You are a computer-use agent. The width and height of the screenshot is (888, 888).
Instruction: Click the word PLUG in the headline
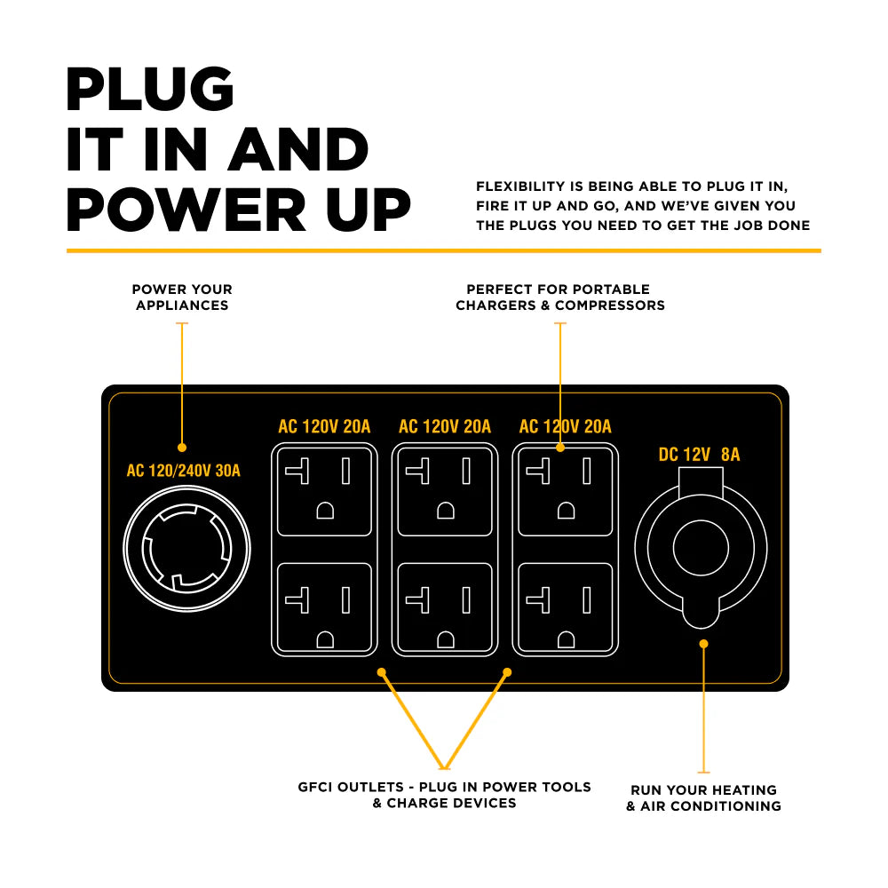click(151, 90)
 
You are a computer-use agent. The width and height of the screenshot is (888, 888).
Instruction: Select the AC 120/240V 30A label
click(183, 470)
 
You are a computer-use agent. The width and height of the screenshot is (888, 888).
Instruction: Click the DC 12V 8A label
click(699, 455)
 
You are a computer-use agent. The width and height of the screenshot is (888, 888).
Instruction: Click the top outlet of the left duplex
click(324, 491)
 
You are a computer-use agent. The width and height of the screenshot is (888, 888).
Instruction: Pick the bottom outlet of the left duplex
click(324, 608)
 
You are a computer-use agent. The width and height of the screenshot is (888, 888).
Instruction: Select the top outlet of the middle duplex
click(445, 491)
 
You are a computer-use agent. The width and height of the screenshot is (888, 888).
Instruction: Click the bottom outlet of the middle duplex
click(445, 608)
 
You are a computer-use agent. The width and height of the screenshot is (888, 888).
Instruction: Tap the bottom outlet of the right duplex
click(566, 608)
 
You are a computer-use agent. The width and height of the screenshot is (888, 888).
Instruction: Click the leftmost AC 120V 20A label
click(324, 427)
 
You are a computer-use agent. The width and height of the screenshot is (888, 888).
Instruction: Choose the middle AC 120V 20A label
click(445, 427)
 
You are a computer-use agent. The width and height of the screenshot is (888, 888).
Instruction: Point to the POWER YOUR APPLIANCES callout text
click(182, 297)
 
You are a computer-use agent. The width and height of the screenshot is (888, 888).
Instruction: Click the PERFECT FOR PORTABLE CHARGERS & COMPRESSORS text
click(559, 297)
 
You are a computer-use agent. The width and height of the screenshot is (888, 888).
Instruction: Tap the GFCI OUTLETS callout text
click(444, 795)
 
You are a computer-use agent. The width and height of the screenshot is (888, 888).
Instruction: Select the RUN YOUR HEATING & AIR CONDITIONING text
click(703, 797)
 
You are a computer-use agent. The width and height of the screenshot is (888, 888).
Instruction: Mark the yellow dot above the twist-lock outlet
click(182, 448)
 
